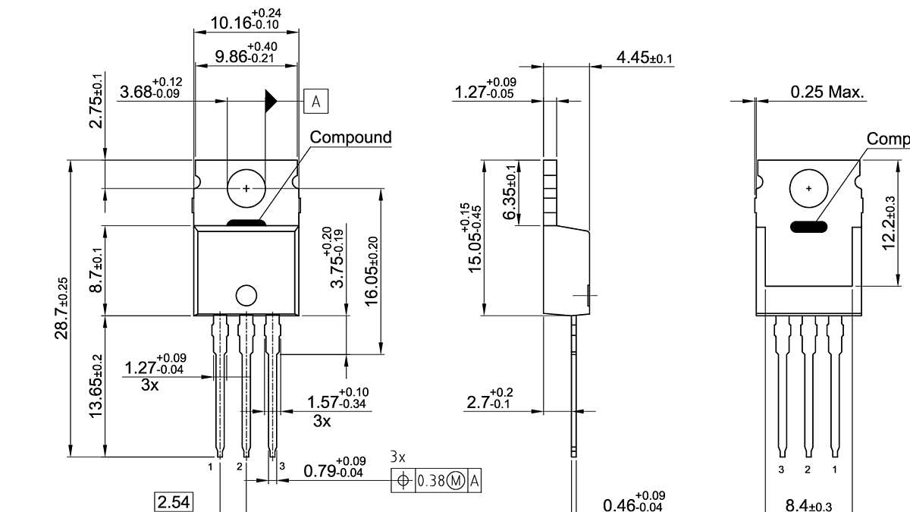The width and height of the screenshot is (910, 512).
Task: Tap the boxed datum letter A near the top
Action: coord(315,100)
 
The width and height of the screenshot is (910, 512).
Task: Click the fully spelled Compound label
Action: coord(351,137)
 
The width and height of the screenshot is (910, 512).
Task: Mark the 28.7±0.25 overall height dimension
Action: coord(63,307)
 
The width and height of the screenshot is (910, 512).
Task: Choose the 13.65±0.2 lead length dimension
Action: coord(96,385)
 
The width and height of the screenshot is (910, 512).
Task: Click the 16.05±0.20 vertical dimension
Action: coord(372,272)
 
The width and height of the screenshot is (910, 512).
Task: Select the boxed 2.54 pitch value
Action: coord(174,501)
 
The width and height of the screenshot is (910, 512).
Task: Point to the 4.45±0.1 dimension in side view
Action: coord(645,58)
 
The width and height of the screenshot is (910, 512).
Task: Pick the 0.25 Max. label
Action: coord(827,93)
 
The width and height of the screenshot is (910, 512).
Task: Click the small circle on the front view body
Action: coord(246,295)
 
